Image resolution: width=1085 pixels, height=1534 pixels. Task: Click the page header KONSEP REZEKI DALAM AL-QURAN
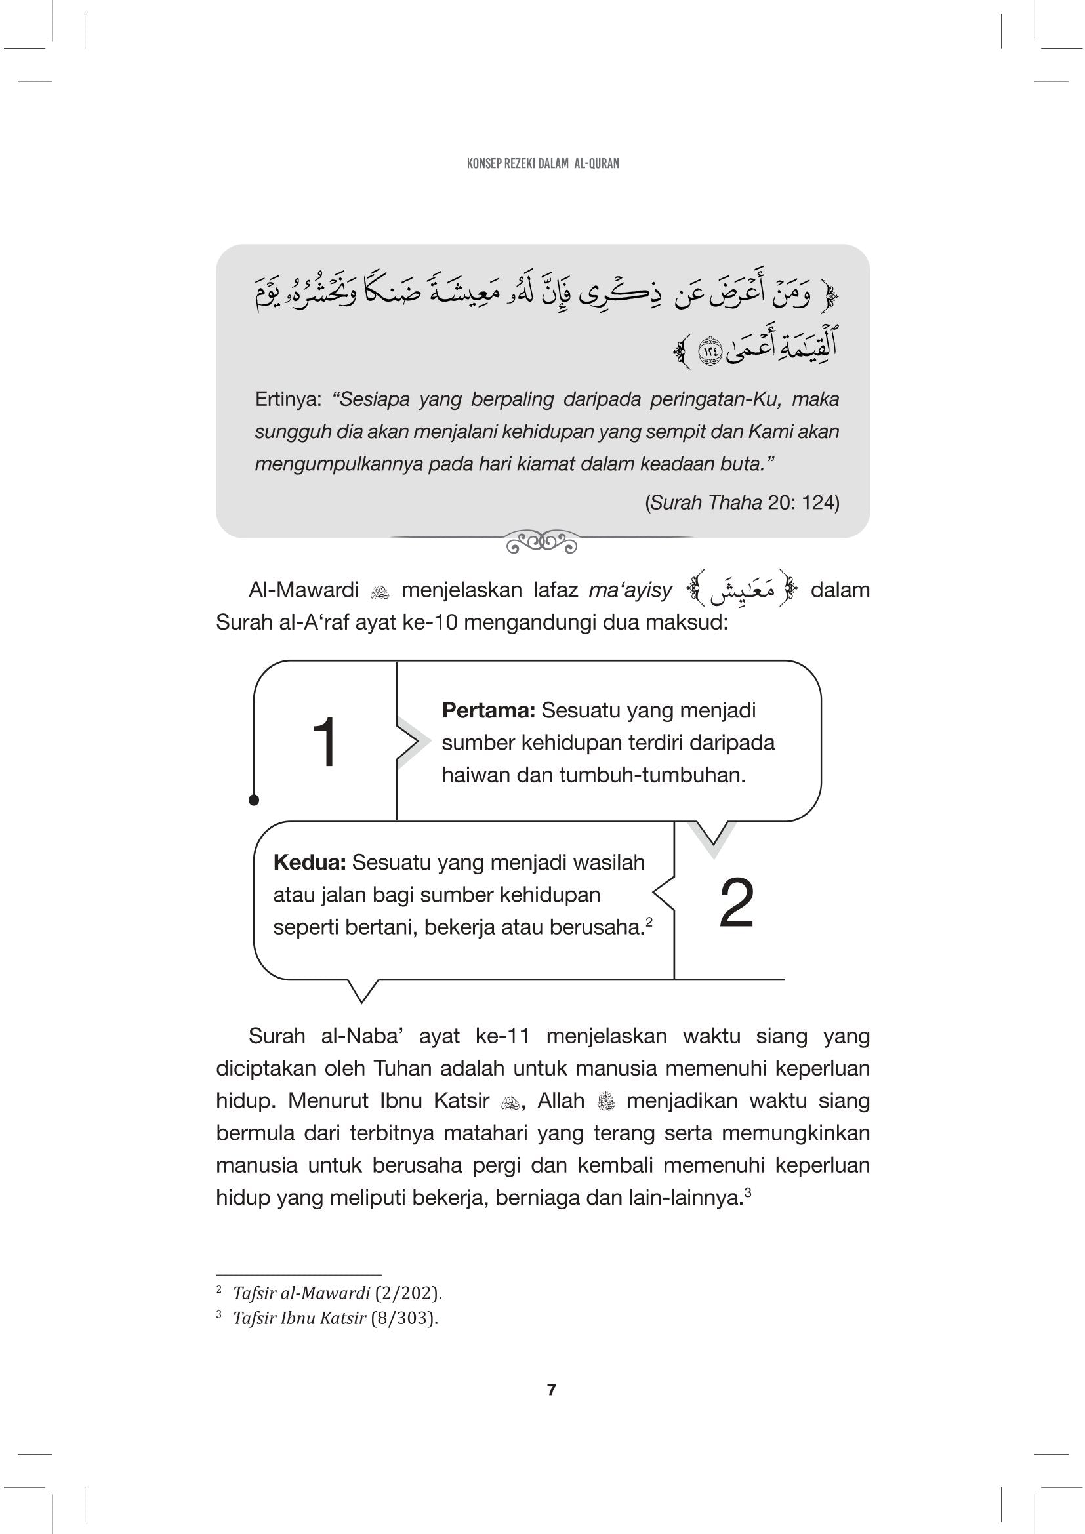click(542, 163)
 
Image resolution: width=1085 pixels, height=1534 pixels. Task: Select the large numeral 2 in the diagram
click(736, 902)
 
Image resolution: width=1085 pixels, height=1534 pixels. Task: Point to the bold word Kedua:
click(309, 862)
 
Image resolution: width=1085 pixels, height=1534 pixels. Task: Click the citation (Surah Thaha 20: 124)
click(742, 502)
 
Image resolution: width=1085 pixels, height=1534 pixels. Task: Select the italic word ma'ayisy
click(630, 590)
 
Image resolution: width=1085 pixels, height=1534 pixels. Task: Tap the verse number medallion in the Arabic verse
click(709, 350)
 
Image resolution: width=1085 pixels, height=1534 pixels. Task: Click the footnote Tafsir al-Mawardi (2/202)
click(337, 1293)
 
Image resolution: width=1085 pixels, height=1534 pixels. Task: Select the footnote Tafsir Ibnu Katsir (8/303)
click(335, 1318)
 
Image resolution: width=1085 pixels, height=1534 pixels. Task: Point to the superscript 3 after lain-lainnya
click(748, 1190)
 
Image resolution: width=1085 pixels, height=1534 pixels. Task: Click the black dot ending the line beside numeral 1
click(254, 799)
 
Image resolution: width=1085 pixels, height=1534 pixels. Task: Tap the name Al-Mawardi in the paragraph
click(304, 590)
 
